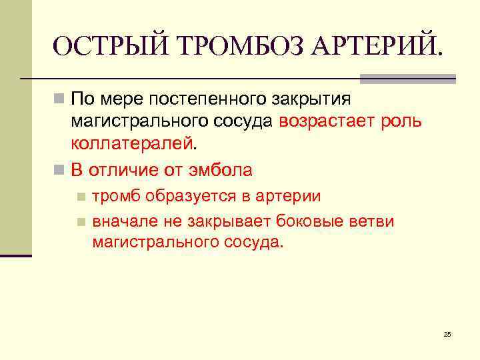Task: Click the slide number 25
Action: tap(447, 334)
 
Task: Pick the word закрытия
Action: tap(311, 101)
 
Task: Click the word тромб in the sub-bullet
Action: tap(115, 197)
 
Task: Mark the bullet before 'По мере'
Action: tap(59, 100)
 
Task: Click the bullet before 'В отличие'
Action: tap(59, 169)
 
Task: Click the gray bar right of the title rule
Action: tap(408, 79)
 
